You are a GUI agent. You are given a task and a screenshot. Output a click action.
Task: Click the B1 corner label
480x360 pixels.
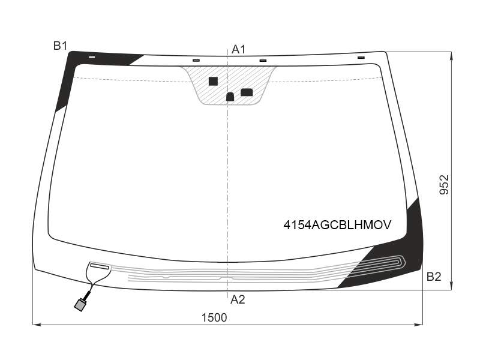tap(60, 46)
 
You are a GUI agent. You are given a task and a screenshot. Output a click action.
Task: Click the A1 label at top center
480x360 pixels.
tap(238, 49)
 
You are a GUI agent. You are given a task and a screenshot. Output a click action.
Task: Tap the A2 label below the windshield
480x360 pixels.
tap(238, 299)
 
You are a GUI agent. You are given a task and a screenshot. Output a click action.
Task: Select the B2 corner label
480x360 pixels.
tap(434, 277)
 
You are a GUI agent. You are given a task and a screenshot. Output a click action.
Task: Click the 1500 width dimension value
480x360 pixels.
tap(214, 318)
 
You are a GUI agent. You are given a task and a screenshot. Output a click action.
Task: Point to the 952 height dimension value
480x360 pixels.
tap(444, 185)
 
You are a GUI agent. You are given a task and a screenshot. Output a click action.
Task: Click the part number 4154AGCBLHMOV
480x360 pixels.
tap(337, 225)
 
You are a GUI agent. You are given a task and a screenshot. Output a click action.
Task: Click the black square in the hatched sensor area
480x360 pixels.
tap(213, 81)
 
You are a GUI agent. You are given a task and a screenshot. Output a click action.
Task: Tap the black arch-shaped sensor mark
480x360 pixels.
tap(230, 97)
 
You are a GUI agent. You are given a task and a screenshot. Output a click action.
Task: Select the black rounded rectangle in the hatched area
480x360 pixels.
tap(247, 92)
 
